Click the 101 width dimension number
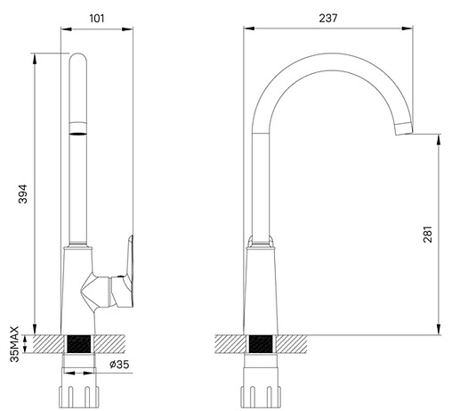tap(97, 19)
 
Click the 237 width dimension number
tap(328, 18)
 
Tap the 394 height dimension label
tap(23, 194)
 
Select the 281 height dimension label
tap(427, 234)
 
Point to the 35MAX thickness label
tap(14, 344)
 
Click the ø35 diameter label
tap(119, 364)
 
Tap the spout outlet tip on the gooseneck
tap(404, 128)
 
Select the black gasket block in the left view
tap(78, 344)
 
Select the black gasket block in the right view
tap(261, 344)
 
